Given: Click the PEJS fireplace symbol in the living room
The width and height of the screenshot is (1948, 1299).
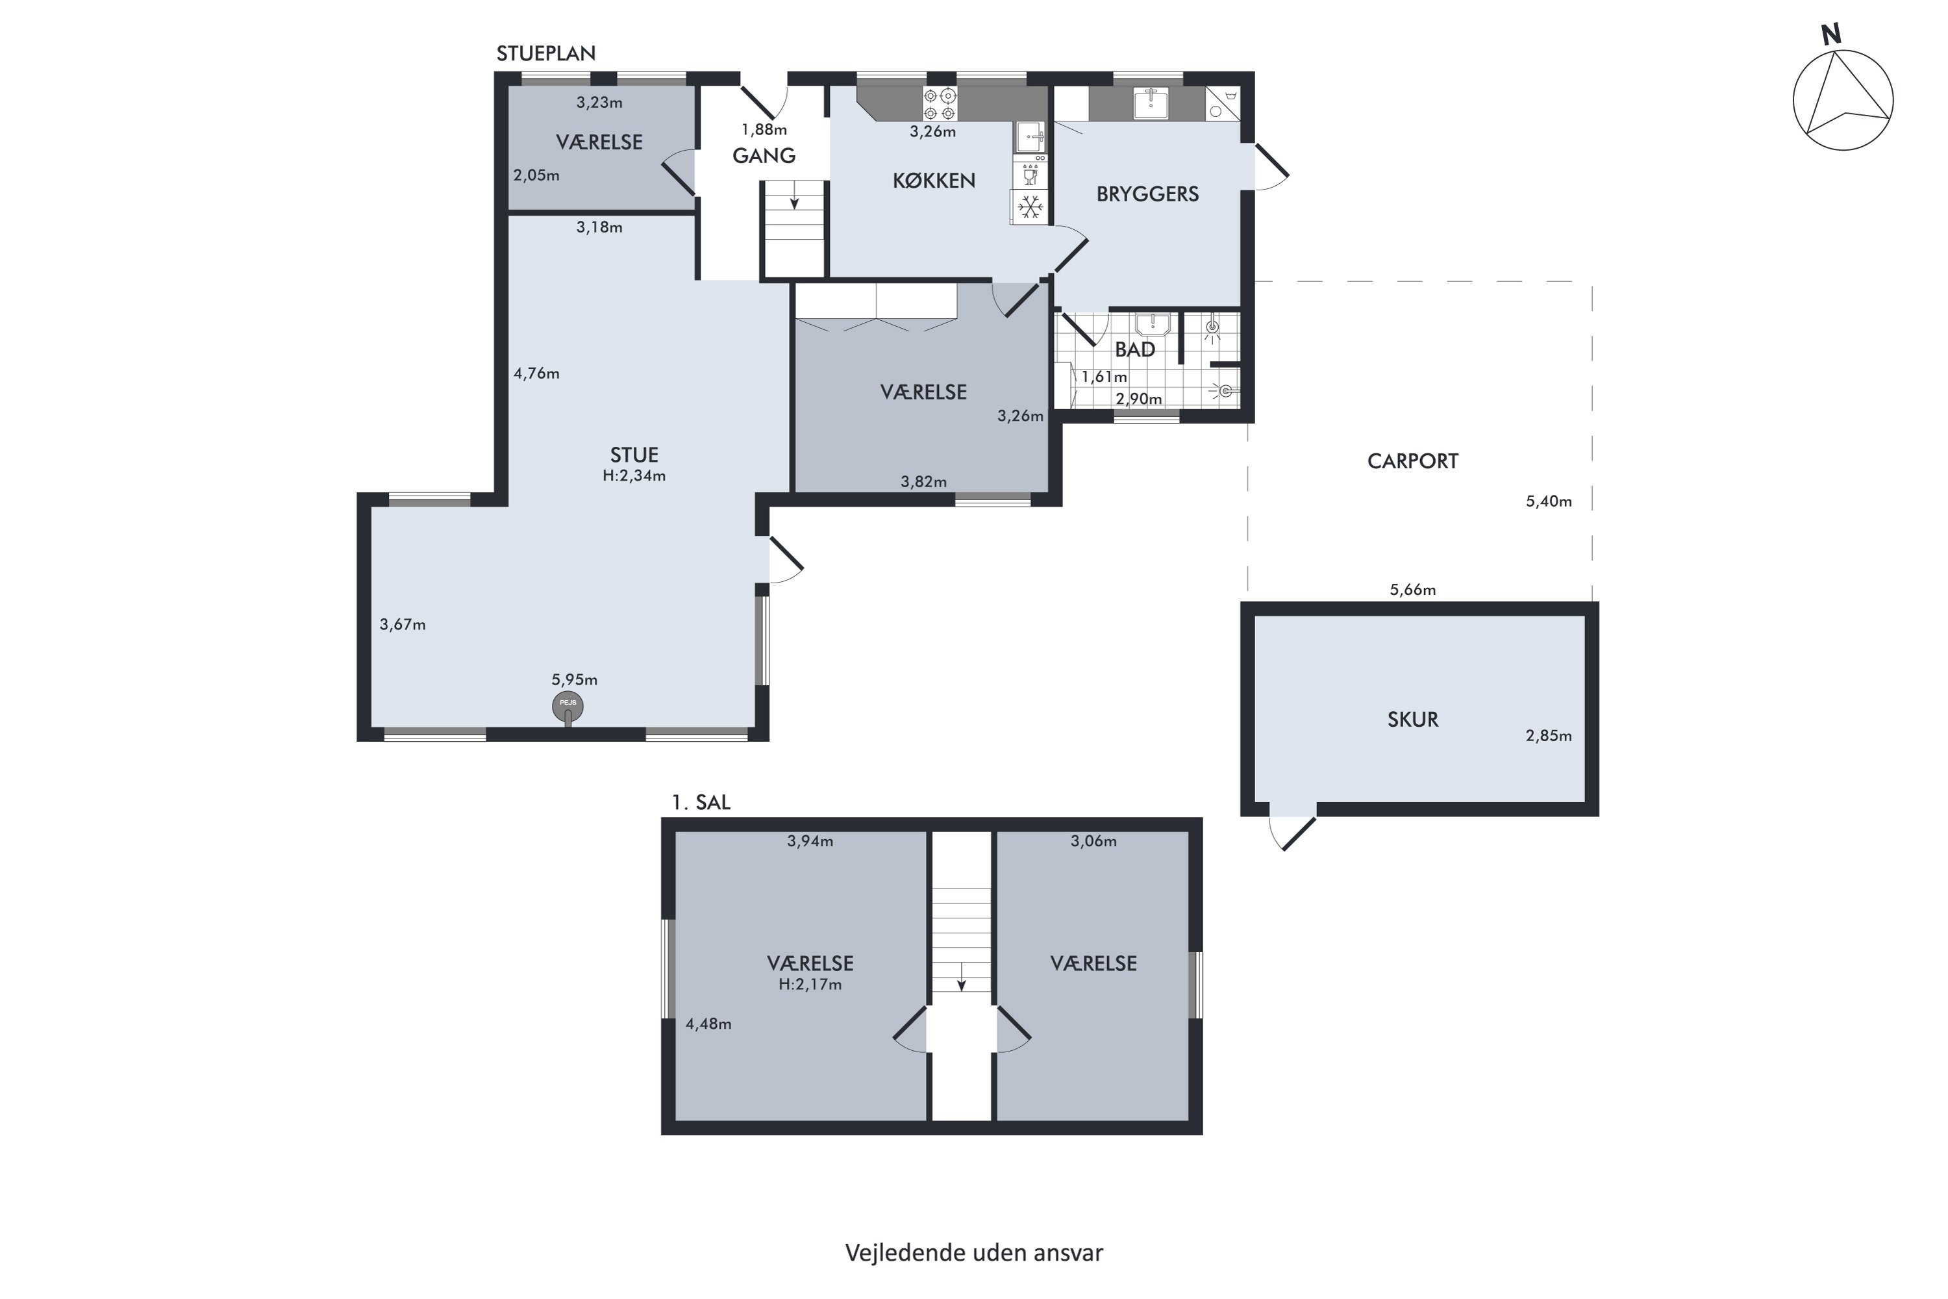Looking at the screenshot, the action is pos(568,707).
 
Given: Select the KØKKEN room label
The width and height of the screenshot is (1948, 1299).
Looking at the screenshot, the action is pos(934,181).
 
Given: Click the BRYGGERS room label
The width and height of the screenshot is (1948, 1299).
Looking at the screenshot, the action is pos(1147,194).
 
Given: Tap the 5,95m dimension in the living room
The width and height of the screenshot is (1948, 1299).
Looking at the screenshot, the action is pos(574,679).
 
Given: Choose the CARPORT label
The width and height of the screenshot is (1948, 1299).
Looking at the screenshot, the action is pos(1412,461).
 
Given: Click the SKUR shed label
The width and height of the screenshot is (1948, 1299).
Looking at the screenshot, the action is pos(1412,719).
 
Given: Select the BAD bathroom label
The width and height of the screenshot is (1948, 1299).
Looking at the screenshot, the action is pos(1134,349).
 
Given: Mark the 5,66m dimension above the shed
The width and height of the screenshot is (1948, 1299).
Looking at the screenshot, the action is pos(1412,590).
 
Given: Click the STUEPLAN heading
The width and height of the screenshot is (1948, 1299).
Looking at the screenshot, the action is pos(546,53).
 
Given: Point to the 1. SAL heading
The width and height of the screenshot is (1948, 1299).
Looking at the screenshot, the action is pos(701,802).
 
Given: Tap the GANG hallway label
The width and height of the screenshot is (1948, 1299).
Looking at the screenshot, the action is pos(764,156).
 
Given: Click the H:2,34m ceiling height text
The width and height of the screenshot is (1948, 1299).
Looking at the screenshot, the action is pos(634,475).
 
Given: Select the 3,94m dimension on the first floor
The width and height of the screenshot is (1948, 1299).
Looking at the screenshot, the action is pos(809,841).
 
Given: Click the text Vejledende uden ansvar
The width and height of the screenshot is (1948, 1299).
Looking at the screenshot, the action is pos(973,1253).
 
